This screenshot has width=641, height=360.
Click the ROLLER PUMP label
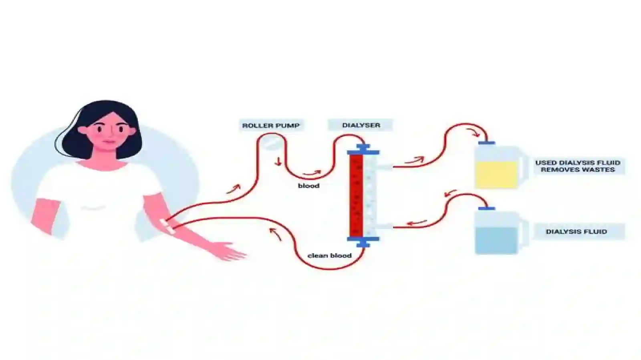click(271, 125)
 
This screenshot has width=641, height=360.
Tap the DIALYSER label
click(361, 125)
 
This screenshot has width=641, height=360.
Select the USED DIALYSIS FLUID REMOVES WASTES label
click(578, 166)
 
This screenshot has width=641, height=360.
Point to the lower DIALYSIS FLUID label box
click(576, 231)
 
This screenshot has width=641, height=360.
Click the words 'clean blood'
click(329, 255)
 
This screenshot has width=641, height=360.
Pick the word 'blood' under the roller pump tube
click(309, 186)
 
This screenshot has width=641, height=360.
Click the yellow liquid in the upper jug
click(496, 175)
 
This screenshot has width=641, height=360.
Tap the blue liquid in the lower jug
click(496, 241)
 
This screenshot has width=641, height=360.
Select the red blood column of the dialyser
click(356, 195)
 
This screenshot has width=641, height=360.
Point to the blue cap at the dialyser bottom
click(363, 241)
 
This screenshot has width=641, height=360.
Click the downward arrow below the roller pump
click(278, 161)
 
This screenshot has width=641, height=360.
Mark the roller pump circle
click(271, 143)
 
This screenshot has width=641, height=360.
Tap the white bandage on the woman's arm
click(168, 226)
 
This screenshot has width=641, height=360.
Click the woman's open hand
click(229, 251)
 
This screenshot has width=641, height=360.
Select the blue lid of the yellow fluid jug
click(486, 143)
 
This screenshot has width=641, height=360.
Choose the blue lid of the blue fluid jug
click(486, 209)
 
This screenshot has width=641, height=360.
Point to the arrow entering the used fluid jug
click(473, 133)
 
